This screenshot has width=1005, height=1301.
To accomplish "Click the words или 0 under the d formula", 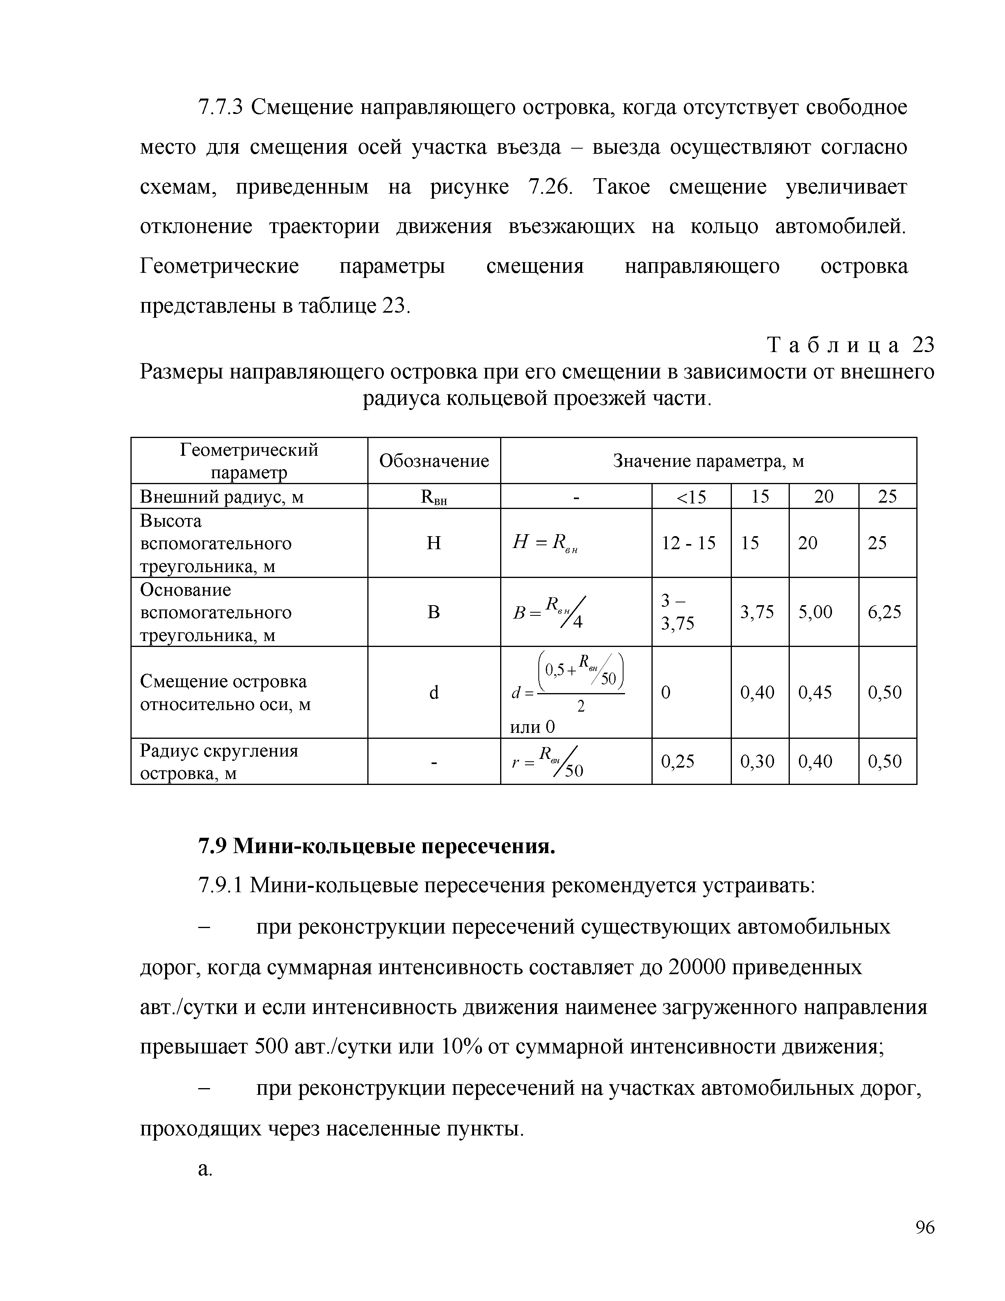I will [x=532, y=726].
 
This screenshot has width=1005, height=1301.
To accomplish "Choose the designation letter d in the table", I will [x=434, y=692].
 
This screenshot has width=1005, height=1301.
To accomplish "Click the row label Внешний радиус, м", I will [x=221, y=496].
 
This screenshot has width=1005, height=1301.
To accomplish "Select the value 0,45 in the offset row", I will [x=815, y=692].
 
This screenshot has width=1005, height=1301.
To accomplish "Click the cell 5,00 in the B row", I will [x=815, y=612].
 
